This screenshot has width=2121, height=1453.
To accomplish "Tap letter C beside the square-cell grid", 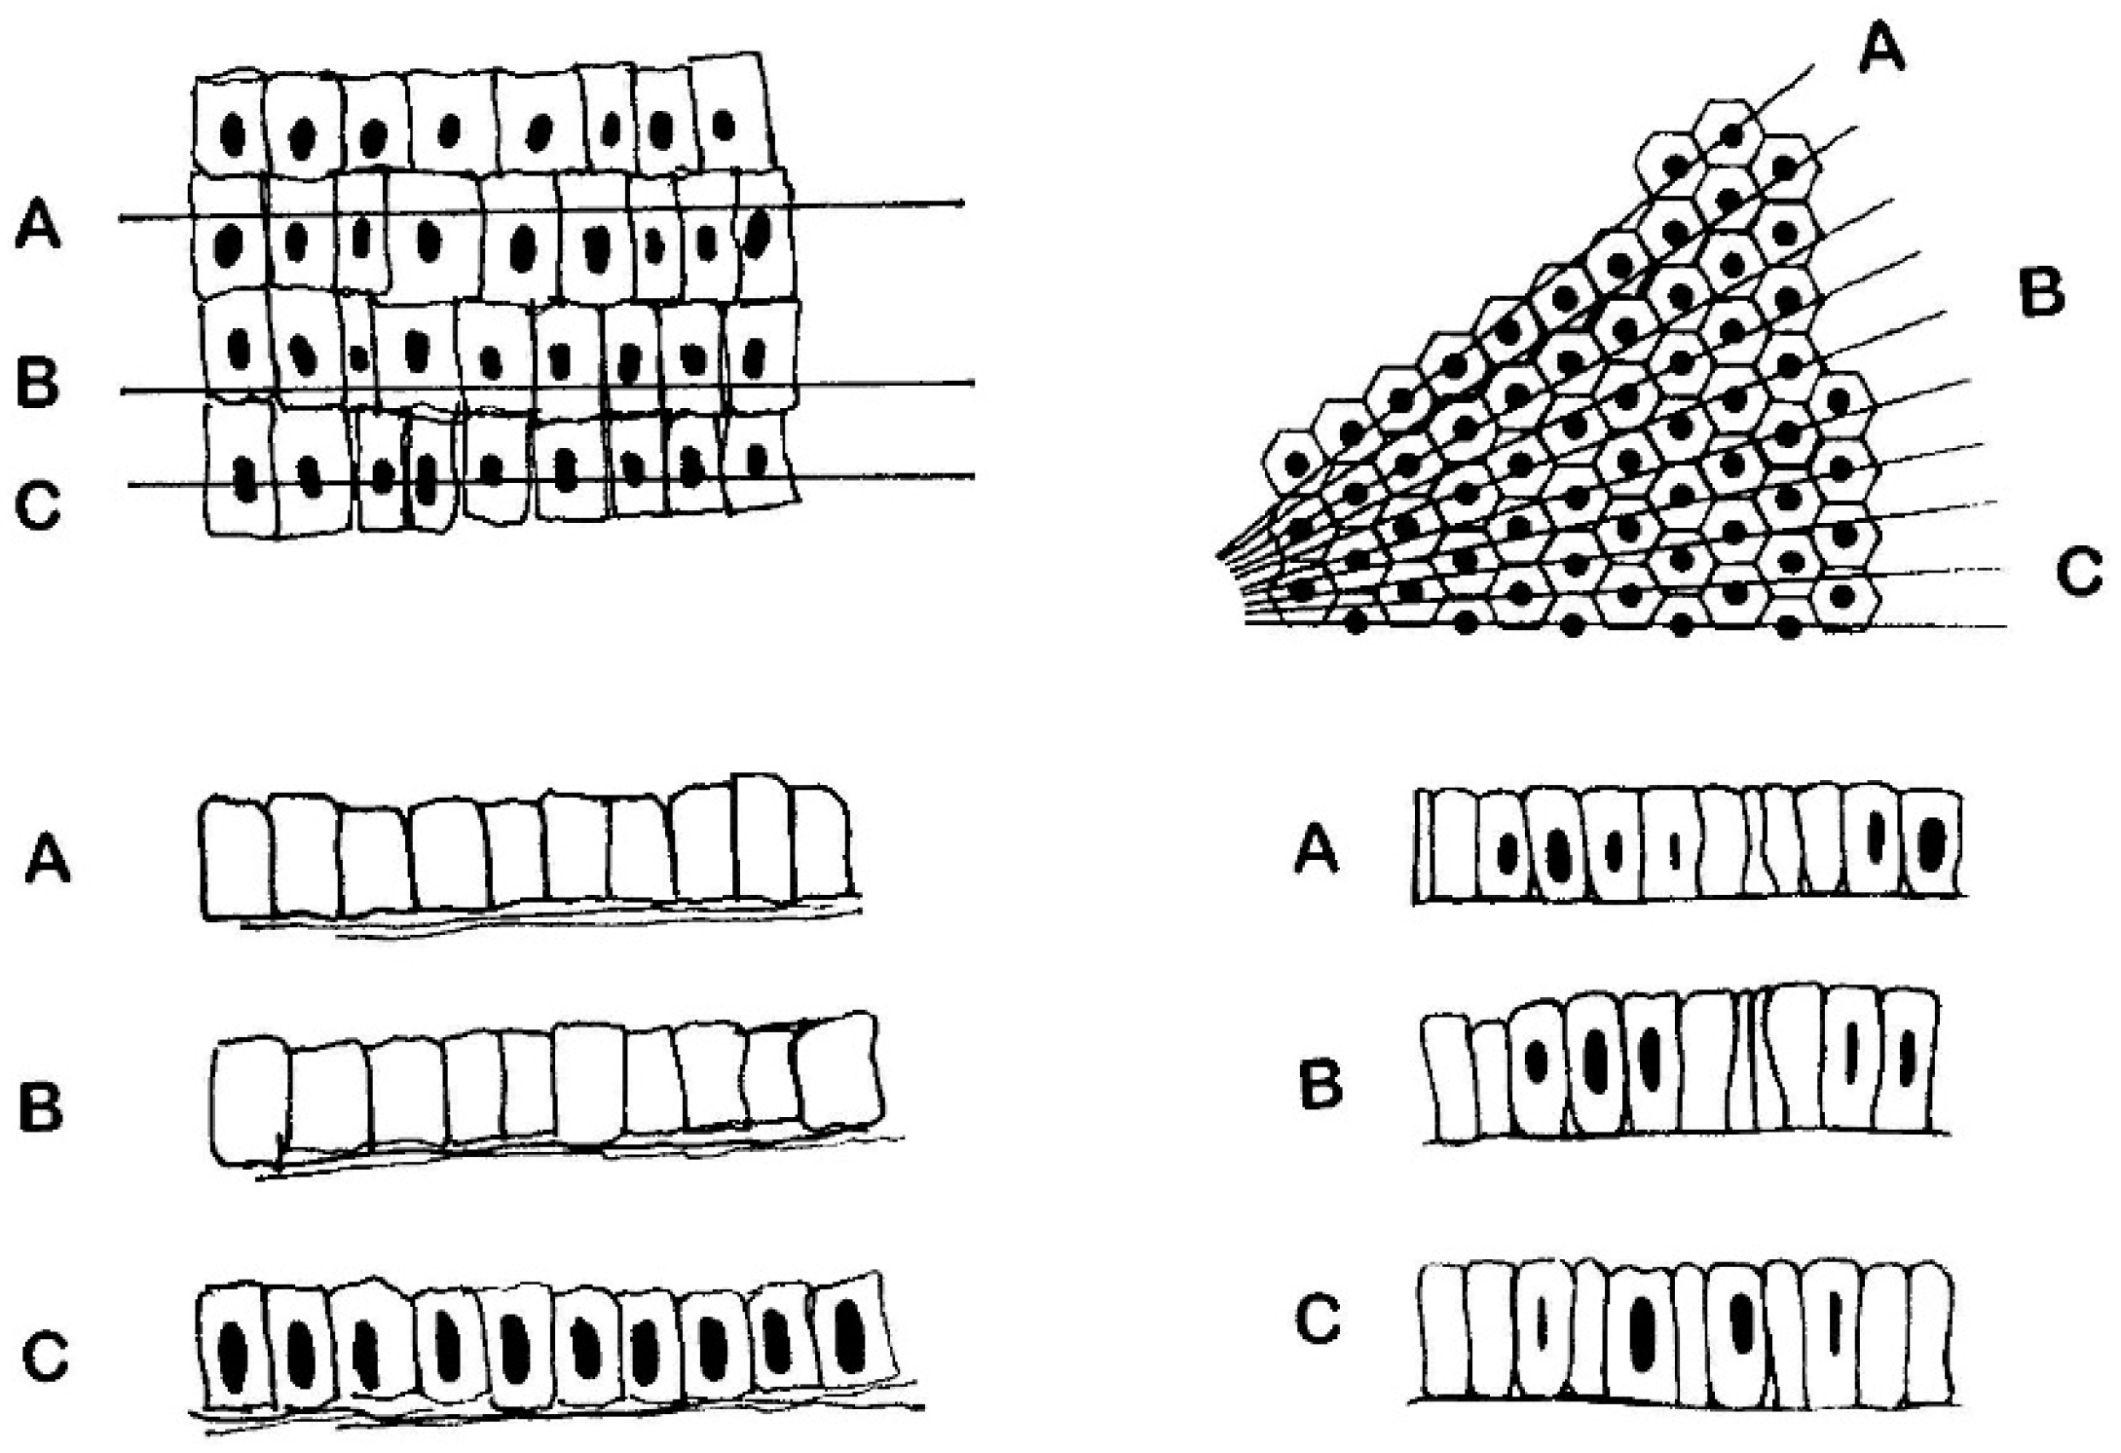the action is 39,505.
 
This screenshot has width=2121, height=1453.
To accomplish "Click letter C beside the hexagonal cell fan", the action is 2079,573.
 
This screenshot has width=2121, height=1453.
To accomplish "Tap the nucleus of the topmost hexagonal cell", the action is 1731,134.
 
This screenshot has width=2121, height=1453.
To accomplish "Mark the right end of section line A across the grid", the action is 962,204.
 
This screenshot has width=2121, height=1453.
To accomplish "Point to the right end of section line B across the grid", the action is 972,383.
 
